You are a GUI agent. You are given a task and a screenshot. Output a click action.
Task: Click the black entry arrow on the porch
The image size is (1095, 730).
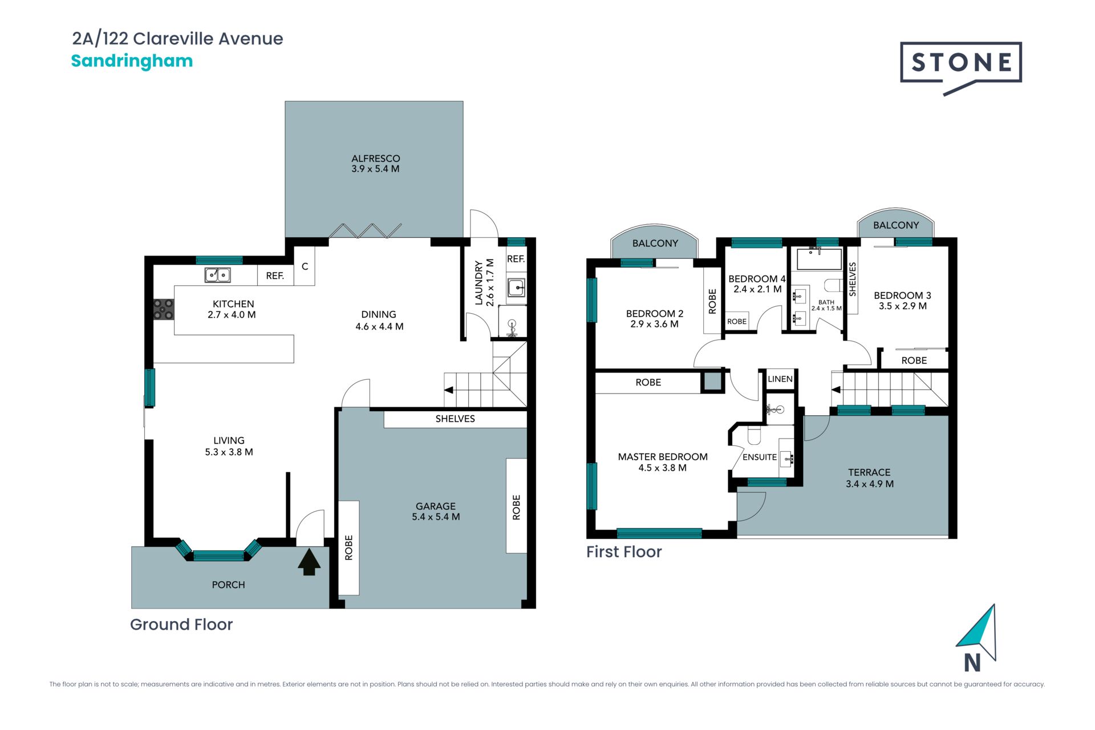click(x=309, y=562)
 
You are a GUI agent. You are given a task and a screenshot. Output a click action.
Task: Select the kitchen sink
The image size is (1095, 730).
click(x=217, y=275)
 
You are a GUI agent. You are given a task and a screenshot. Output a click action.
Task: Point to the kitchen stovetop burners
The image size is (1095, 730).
click(x=164, y=309)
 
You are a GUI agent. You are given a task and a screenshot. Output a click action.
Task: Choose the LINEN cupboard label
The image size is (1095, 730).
click(x=780, y=379)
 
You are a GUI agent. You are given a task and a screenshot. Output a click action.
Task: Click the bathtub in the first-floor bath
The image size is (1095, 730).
click(x=819, y=259)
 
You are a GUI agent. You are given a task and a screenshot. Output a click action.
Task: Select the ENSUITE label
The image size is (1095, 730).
click(x=760, y=457)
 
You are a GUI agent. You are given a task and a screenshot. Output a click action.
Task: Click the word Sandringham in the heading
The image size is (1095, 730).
click(x=132, y=61)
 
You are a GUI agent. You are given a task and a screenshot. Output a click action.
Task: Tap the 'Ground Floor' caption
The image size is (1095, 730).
click(x=181, y=624)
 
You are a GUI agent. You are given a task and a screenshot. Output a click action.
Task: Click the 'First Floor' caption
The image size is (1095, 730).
click(x=624, y=551)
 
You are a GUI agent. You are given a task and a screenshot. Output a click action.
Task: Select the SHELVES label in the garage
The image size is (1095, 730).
click(x=455, y=419)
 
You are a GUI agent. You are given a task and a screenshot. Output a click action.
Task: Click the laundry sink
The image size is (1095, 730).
click(x=517, y=288)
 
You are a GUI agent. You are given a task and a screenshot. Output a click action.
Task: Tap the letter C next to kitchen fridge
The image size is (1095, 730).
click(x=305, y=266)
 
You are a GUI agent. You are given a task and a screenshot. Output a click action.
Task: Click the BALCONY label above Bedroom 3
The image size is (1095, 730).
click(x=896, y=225)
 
